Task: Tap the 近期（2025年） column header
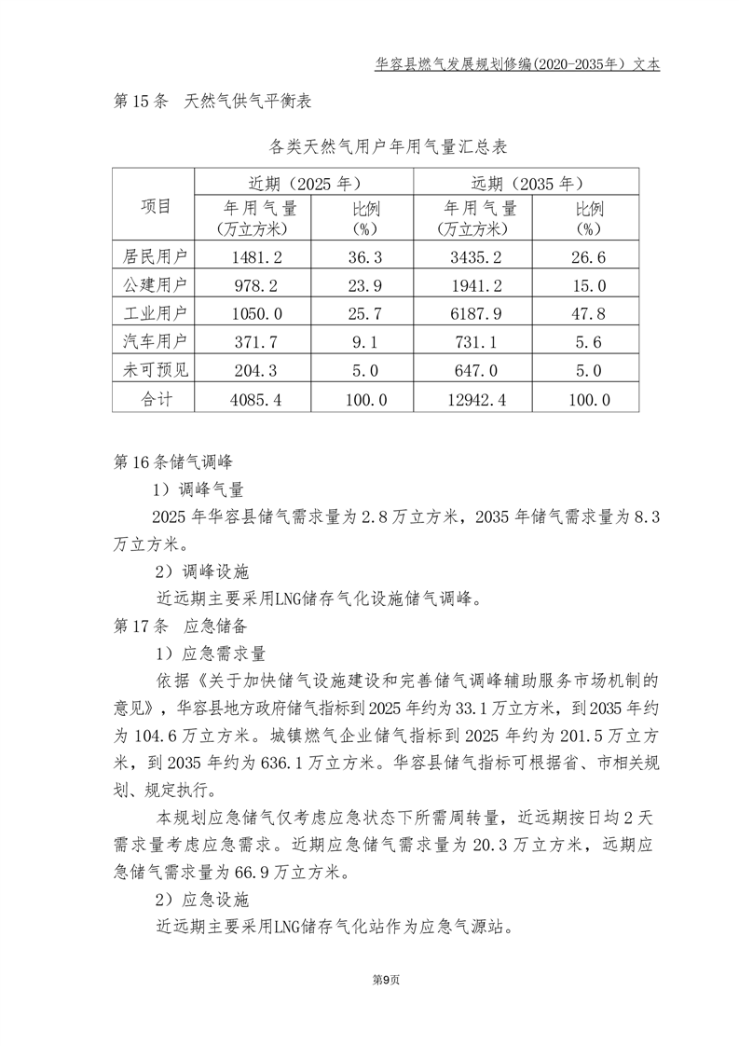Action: pyautogui.click(x=303, y=183)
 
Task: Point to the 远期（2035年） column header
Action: pyautogui.click(x=527, y=183)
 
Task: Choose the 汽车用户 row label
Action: pyautogui.click(x=154, y=341)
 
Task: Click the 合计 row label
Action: pyautogui.click(x=154, y=398)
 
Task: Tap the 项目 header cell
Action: pyautogui.click(x=154, y=207)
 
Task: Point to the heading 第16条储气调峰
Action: pyautogui.click(x=172, y=461)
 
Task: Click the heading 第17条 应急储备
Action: pyautogui.click(x=179, y=626)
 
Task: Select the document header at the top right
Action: pyautogui.click(x=517, y=65)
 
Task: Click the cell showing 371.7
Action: pyautogui.click(x=255, y=341)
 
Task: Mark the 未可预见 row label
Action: pyautogui.click(x=154, y=370)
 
